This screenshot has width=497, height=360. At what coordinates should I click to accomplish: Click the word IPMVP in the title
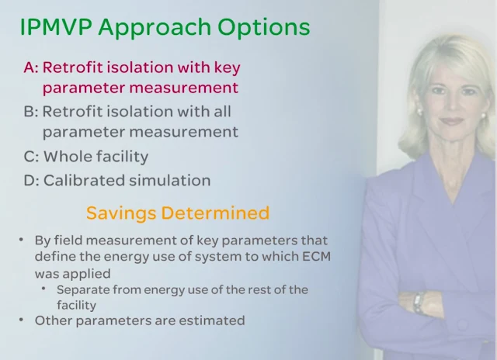click(56, 27)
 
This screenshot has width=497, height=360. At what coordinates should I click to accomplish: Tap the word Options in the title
click(264, 28)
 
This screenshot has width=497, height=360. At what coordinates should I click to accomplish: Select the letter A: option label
click(31, 67)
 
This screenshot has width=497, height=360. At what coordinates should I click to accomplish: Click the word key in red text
click(228, 68)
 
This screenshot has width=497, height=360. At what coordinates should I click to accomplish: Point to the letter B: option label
click(31, 112)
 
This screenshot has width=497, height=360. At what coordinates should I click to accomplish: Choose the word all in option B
click(221, 111)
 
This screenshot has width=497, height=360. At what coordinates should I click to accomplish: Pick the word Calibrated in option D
click(84, 180)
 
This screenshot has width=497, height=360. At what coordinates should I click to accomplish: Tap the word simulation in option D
click(170, 180)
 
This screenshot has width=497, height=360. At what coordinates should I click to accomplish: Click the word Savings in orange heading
click(121, 213)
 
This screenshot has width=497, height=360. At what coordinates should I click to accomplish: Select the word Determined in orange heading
click(216, 213)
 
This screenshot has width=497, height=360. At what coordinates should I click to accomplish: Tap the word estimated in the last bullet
click(212, 320)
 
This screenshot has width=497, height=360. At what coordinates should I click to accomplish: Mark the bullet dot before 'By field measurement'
click(21, 240)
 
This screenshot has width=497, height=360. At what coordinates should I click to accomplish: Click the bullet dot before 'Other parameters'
click(21, 320)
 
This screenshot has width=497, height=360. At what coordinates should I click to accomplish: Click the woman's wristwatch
click(419, 303)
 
